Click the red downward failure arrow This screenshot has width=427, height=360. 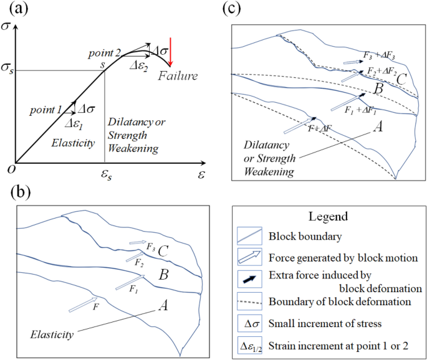171,54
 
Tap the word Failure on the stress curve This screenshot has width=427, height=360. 177,76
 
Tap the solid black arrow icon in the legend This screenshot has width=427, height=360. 249,280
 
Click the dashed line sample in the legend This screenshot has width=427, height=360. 249,301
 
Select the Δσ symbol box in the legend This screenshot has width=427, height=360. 249,323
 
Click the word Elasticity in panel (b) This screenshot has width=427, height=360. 52,334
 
